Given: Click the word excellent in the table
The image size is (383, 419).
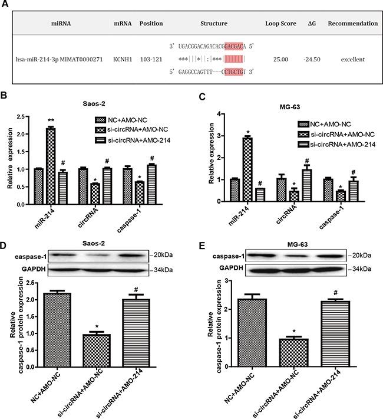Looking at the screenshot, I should (x=352, y=60).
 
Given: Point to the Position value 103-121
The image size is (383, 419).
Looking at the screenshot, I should (x=151, y=60).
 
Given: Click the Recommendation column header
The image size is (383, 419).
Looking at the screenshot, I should (x=352, y=24).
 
